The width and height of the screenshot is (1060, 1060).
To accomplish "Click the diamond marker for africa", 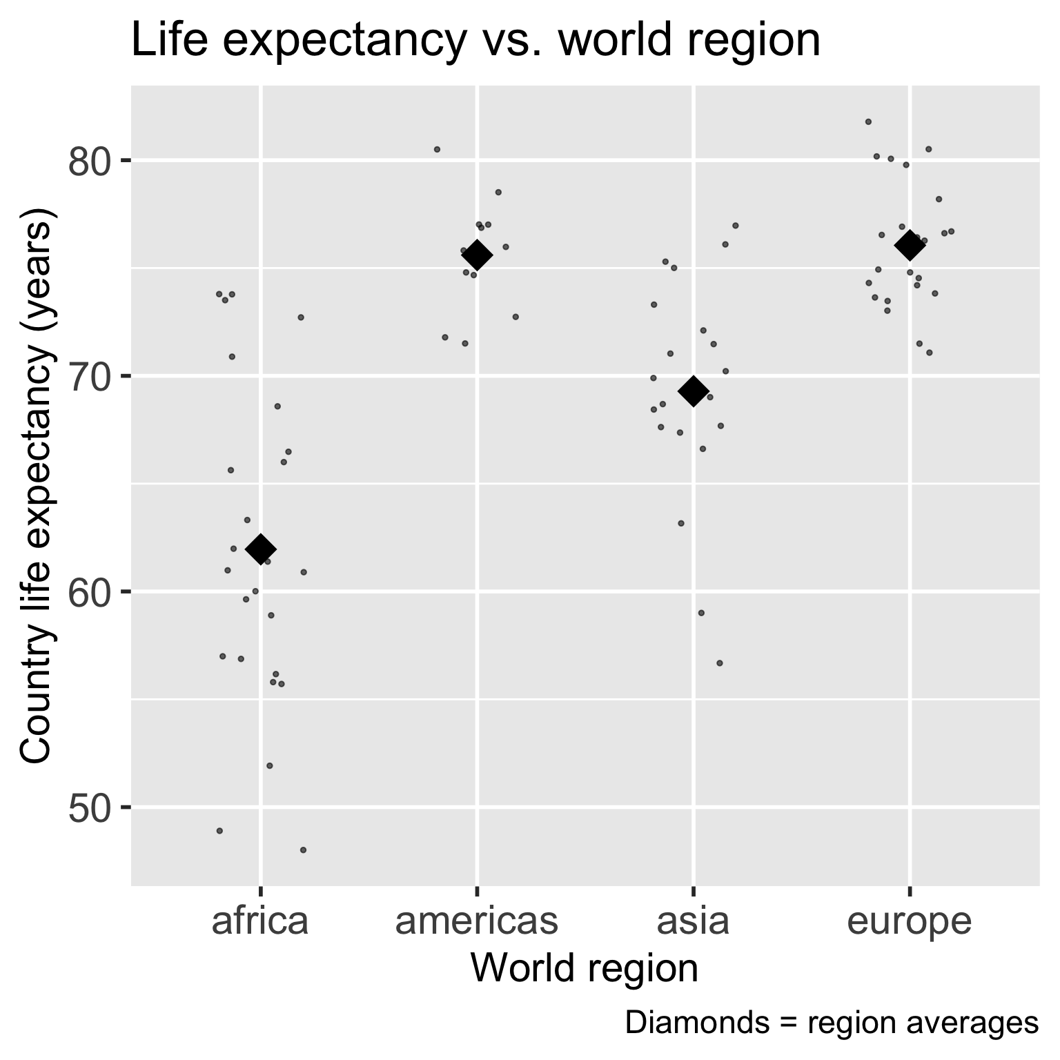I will (x=261, y=549).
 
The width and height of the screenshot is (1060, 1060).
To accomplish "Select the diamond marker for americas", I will (x=477, y=255).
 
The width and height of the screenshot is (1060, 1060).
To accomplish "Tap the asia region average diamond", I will (x=694, y=391).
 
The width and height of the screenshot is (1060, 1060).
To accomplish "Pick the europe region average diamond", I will (x=910, y=245).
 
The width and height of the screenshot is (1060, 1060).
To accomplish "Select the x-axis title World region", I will (x=584, y=968).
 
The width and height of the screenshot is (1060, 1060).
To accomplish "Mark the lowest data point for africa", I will (x=303, y=850).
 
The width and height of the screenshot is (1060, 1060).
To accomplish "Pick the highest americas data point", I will (x=437, y=149).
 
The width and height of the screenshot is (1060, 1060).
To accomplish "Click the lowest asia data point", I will (x=719, y=662).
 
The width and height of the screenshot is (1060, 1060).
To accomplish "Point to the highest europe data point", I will (x=868, y=121).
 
